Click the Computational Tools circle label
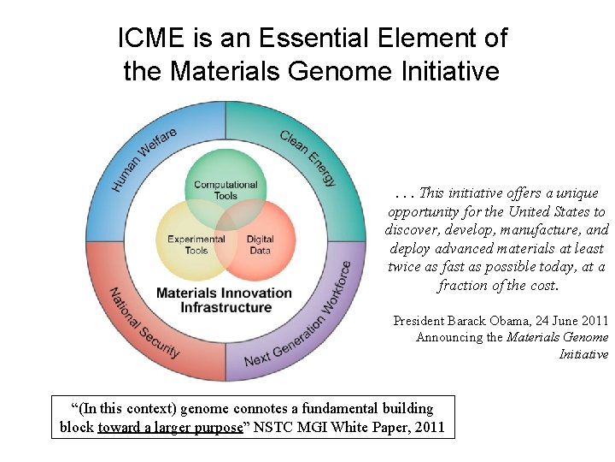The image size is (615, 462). [x=225, y=190]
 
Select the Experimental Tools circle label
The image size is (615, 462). [x=196, y=245]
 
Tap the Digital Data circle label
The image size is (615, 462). [x=260, y=245]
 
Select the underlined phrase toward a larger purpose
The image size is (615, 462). [x=170, y=427]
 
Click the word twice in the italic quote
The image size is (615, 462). [x=405, y=267]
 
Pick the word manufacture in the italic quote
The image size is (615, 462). [x=543, y=230]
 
